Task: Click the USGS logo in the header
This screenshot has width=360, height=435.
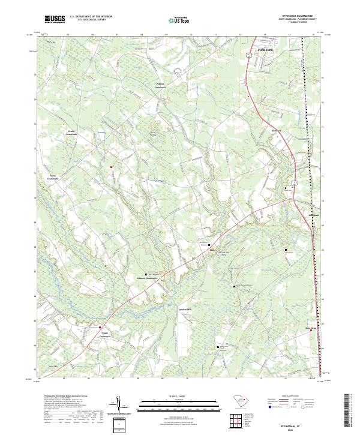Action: coord(55,19)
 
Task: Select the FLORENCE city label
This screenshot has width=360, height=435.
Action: coord(265,50)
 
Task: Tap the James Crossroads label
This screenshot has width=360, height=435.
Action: coord(56,177)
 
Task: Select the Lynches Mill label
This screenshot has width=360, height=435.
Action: coord(184,310)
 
